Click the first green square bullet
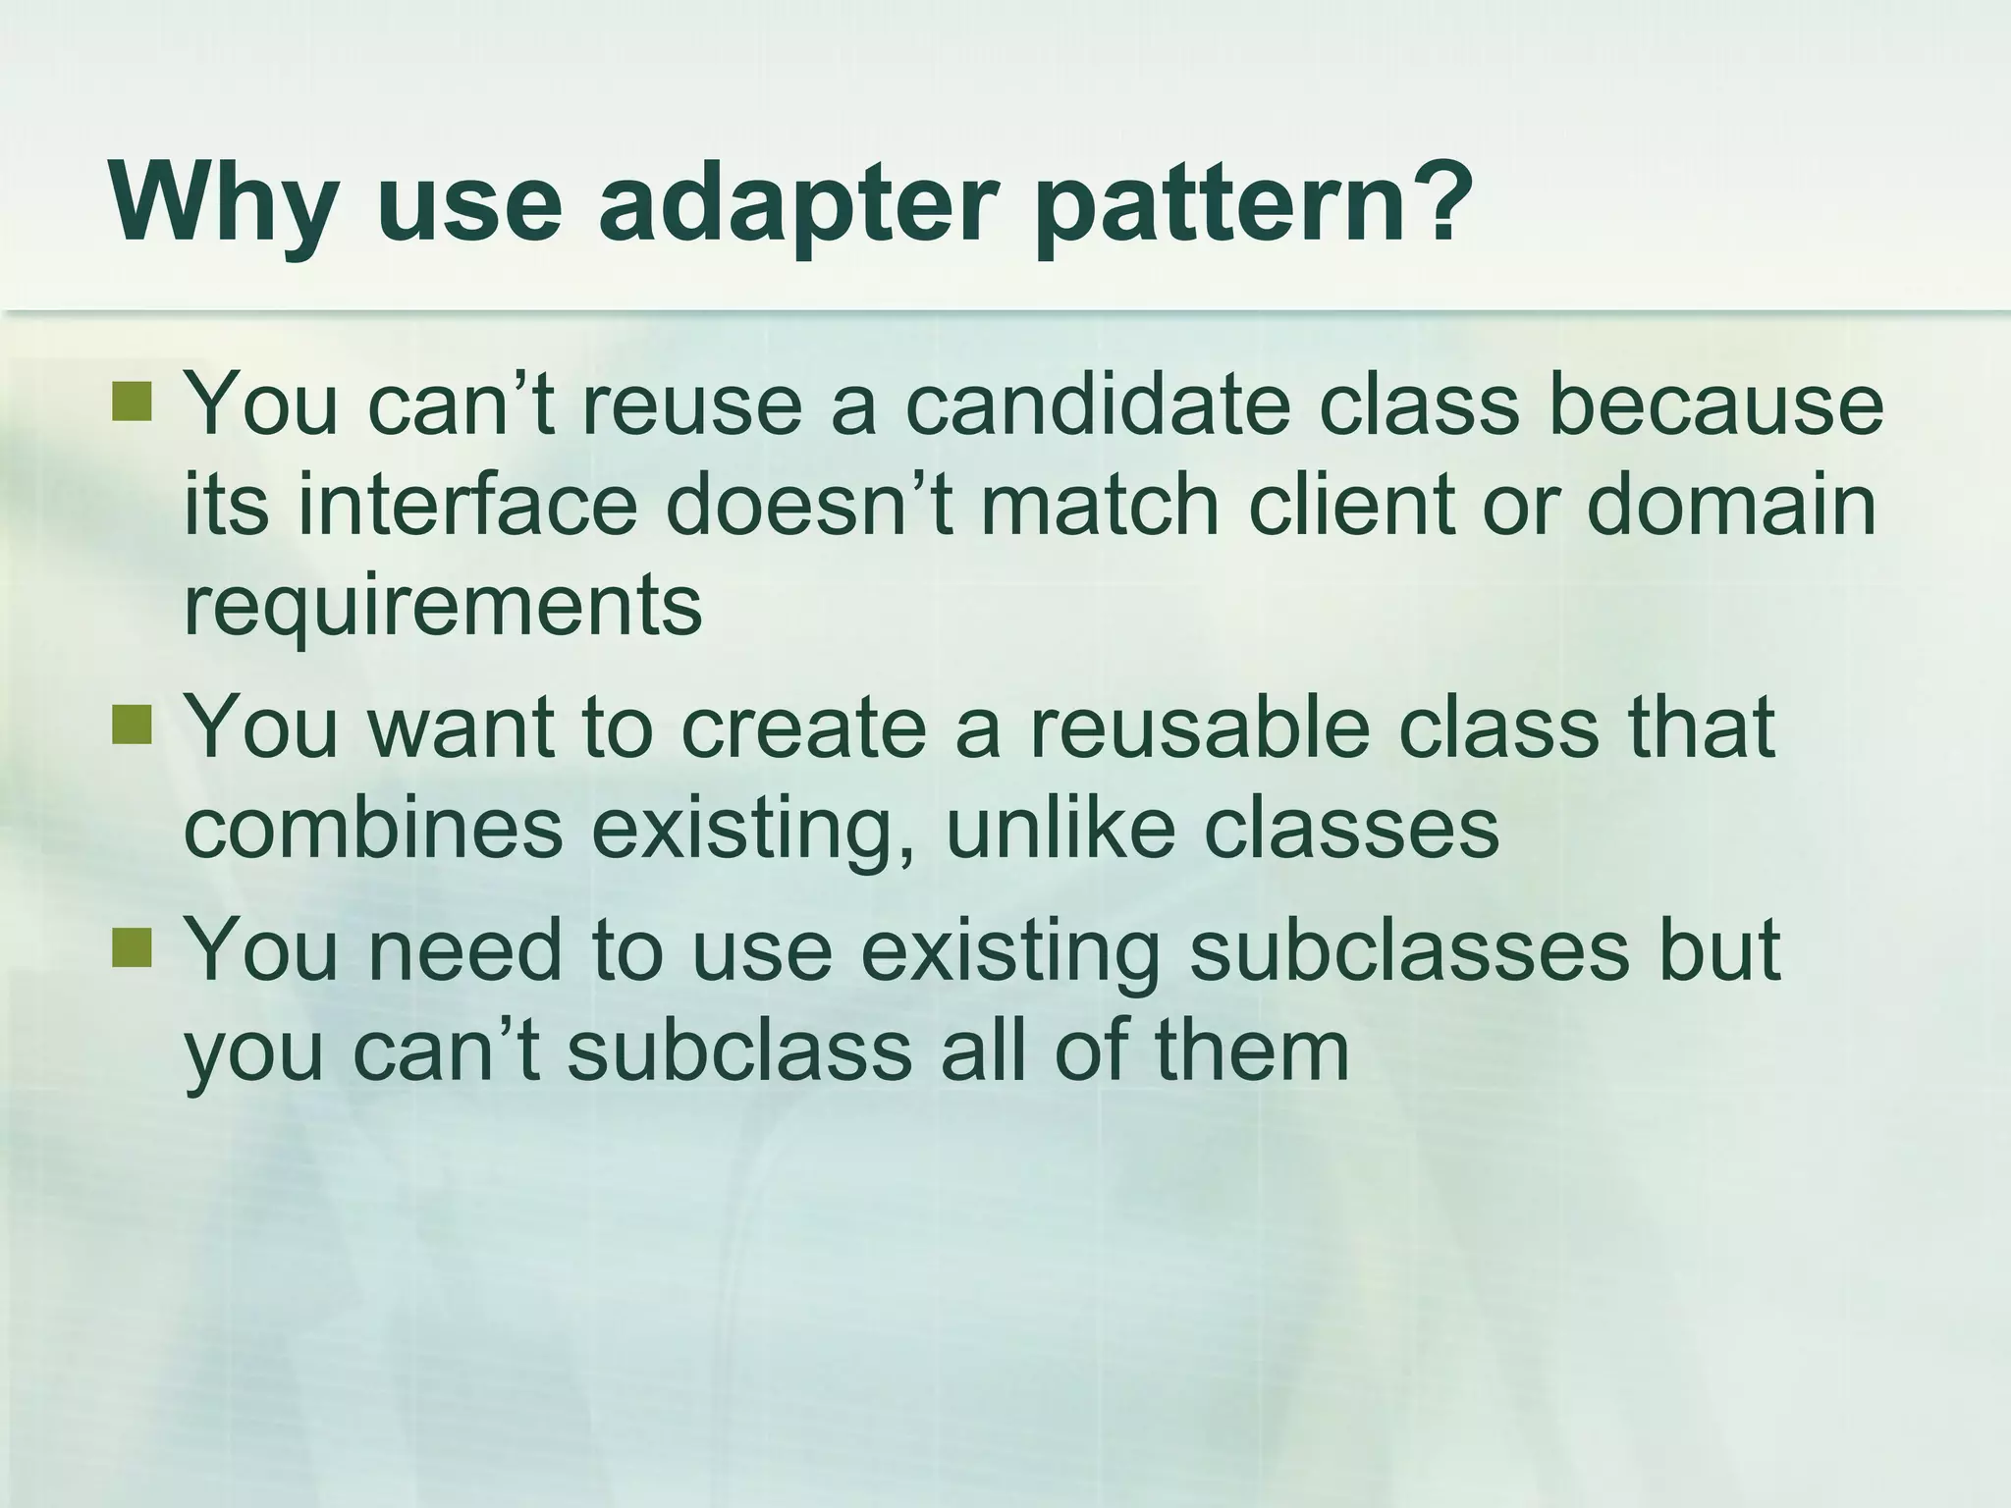[132, 402]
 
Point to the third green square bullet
[132, 948]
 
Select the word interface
[467, 506]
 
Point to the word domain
[1730, 506]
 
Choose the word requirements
[443, 608]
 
